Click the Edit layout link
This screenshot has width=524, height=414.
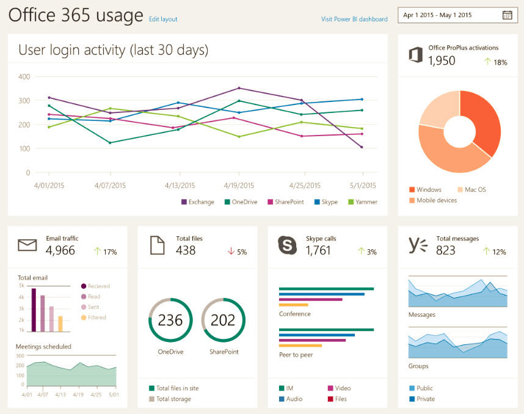point(163,19)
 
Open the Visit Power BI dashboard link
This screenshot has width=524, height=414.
point(354,19)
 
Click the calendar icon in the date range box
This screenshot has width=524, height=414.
point(507,15)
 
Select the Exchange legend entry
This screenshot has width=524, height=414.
point(198,202)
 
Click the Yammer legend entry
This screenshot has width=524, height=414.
point(363,202)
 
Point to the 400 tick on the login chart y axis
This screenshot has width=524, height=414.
point(24,77)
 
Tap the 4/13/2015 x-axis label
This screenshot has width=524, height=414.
point(180,186)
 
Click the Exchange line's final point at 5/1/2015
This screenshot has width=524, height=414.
point(362,147)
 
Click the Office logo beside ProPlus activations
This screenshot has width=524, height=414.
point(415,55)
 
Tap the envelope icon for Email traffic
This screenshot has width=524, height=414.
point(27,245)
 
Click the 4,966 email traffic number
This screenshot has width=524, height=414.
point(60,250)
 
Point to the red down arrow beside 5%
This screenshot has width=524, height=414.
point(231,251)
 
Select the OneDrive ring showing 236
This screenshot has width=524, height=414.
point(170,320)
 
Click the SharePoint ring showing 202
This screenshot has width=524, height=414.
point(223,320)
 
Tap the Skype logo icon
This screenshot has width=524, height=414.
point(288,245)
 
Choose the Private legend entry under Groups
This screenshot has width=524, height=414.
point(424,399)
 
